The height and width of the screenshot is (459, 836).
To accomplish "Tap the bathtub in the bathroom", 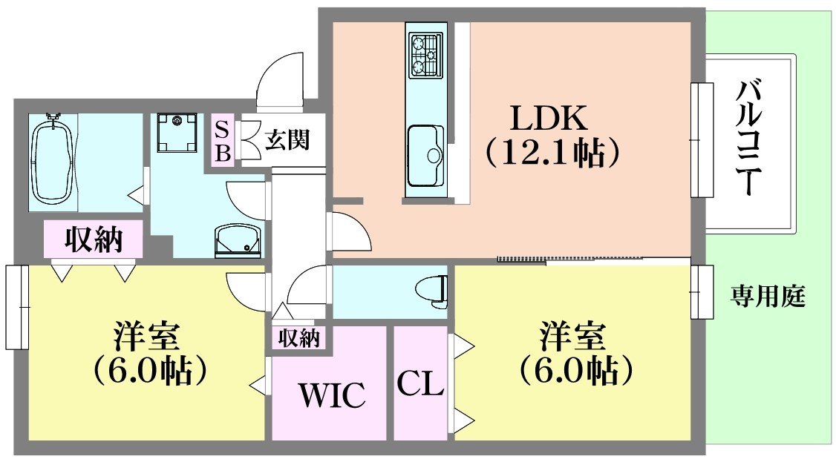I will click(52, 159).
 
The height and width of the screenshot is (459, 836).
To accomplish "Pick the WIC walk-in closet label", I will click(332, 394).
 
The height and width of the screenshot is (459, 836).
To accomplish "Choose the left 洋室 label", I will click(146, 338).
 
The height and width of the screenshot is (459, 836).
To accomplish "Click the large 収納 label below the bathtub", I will click(94, 239).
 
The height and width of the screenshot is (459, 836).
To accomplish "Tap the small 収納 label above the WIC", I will click(298, 338).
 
